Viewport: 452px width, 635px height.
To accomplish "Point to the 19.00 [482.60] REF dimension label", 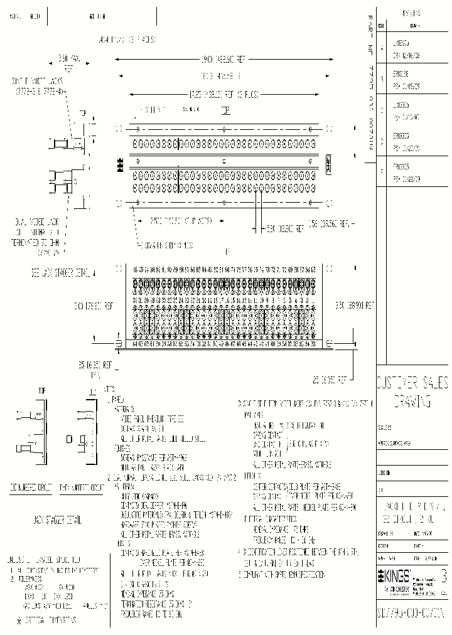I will (223, 59).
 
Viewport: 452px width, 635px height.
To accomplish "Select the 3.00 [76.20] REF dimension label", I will (94, 306).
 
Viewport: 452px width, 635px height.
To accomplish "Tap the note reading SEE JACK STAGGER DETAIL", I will (63, 274).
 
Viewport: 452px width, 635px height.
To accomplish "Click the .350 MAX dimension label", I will (68, 61).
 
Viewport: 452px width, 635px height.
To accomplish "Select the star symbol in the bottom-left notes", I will (19, 620).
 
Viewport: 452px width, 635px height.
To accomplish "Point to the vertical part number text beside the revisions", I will (371, 82).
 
